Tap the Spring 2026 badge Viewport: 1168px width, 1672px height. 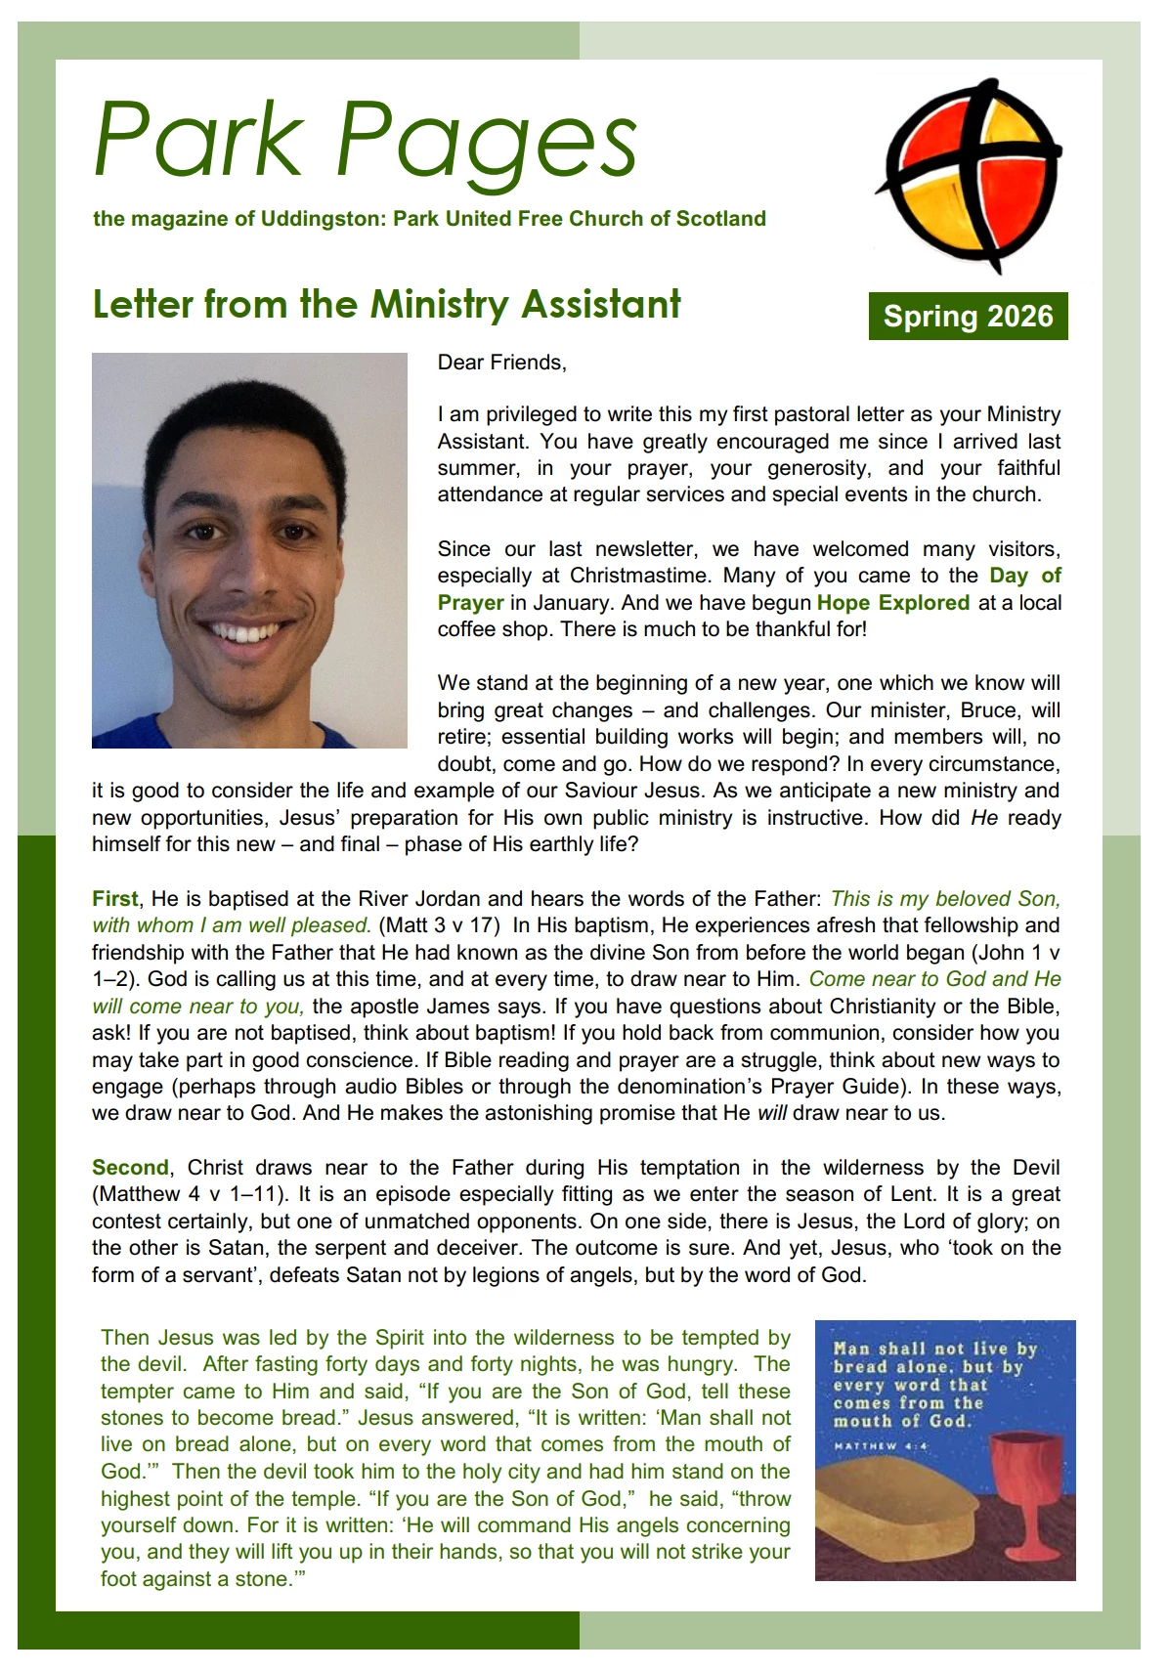(968, 317)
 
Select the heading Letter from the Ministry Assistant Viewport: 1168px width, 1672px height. (386, 304)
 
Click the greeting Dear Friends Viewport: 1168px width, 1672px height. (501, 363)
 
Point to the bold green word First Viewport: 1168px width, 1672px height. (115, 899)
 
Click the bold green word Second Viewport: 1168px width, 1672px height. (130, 1167)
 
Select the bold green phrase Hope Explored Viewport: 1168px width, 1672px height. (893, 603)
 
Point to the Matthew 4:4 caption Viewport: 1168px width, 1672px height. (879, 1445)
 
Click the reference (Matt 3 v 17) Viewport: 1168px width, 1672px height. (439, 925)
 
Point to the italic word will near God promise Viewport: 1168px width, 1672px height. (771, 1113)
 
